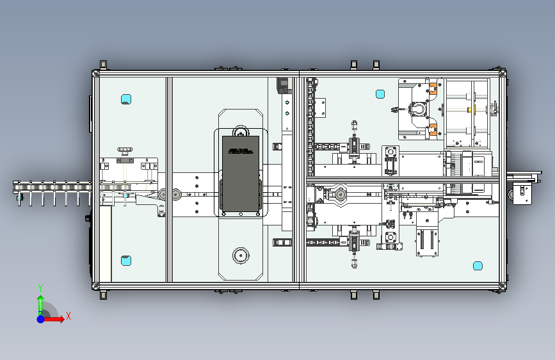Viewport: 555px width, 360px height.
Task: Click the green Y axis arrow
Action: tap(40, 301)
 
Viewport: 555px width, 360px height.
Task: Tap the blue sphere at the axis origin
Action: tap(40, 318)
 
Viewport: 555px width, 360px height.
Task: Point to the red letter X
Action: tap(68, 316)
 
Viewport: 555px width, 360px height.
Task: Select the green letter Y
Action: tap(40, 288)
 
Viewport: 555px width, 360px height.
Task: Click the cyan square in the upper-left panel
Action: tap(125, 99)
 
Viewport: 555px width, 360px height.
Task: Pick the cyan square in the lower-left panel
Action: tap(125, 261)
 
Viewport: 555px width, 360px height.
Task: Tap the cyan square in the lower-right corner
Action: tap(477, 266)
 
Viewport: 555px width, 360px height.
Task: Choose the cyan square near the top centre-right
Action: tap(380, 94)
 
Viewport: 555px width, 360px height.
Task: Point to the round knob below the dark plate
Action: tap(241, 256)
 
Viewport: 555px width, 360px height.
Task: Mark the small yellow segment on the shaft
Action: tap(470, 110)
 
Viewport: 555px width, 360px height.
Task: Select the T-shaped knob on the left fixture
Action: tap(124, 151)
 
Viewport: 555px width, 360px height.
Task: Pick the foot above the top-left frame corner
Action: tap(102, 65)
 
